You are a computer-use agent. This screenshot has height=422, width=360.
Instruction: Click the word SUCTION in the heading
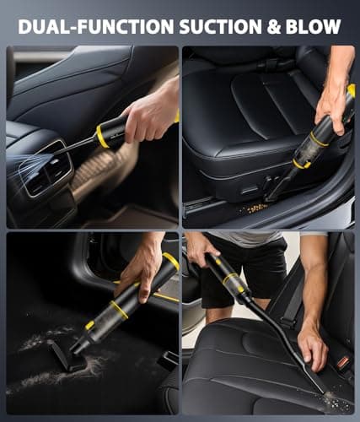point(221,26)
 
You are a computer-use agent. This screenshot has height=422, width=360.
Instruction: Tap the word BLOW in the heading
point(313,26)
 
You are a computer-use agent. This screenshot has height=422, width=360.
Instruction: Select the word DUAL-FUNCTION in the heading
point(96,26)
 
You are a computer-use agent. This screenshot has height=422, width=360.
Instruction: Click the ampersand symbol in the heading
point(274,26)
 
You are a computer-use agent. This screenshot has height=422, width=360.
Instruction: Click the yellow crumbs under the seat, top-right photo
point(252,208)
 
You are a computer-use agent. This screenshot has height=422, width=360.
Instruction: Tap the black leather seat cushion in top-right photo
point(253,121)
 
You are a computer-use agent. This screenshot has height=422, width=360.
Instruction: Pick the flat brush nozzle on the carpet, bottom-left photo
point(66,355)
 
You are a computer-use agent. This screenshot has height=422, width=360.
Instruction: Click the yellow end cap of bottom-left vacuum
point(170,260)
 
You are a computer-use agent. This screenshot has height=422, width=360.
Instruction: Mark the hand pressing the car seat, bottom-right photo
point(313,348)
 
